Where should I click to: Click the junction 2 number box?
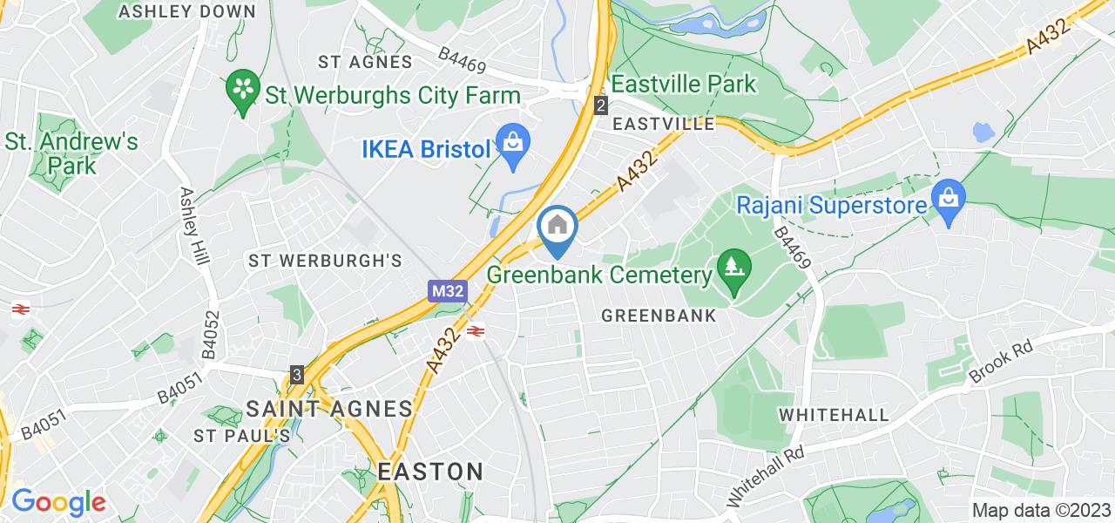600,105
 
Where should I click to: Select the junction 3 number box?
298,374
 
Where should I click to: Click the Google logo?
58,501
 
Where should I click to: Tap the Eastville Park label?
683,85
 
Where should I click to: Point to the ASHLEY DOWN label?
188,11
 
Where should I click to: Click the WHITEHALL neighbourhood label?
833,413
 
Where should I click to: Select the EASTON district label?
430,472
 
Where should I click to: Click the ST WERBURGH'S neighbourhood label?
325,261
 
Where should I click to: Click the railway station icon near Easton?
476,331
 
